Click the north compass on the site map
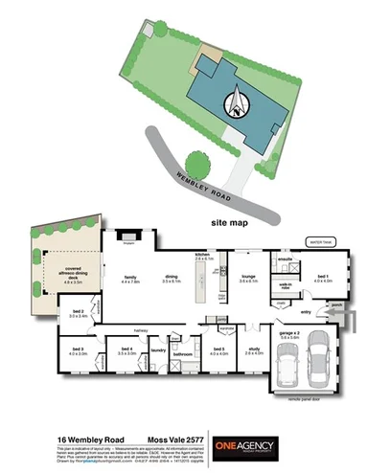click(x=236, y=101)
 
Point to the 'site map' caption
click(x=231, y=220)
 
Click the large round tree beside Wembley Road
click(x=198, y=164)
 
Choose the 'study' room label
click(x=254, y=350)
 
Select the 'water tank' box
click(x=317, y=242)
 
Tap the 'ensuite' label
click(x=285, y=259)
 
